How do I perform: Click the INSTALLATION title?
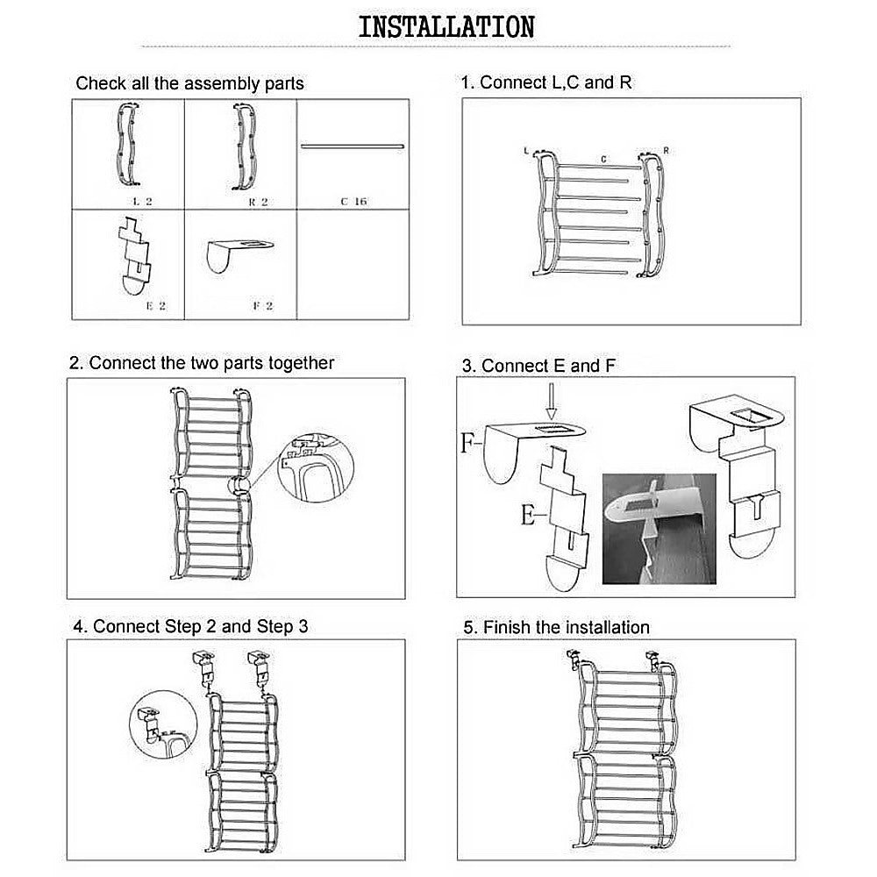pos(446,26)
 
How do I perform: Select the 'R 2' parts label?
pos(256,201)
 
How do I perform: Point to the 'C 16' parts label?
pos(353,201)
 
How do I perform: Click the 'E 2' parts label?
pos(156,306)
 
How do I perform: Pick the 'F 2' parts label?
pos(263,306)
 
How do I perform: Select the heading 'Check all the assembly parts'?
pos(189,84)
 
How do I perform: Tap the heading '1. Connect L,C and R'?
pos(547,82)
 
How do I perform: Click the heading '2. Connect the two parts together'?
pos(202,363)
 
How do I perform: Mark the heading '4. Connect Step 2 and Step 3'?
pos(190,626)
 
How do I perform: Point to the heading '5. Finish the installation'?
pos(556,627)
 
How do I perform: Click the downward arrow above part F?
pos(550,405)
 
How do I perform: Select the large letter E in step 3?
pos(527,516)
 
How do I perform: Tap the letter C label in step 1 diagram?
pos(603,160)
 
